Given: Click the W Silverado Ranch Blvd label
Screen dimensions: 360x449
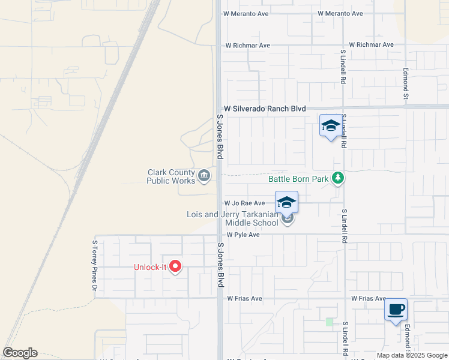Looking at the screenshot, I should [265, 109].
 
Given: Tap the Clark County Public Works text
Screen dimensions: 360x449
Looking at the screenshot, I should [172, 176].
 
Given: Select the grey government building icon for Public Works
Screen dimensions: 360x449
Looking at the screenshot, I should [204, 175].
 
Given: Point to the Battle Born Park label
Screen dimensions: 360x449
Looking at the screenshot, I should [298, 178].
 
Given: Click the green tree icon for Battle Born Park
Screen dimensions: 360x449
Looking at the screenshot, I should [339, 178].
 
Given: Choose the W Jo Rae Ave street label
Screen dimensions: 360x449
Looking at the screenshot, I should [244, 203].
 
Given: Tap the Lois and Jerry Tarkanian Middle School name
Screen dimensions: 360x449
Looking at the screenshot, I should [232, 218].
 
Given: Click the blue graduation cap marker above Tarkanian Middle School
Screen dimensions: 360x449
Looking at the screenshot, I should [287, 202].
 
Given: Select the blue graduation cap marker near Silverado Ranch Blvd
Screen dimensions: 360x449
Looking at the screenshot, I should [330, 125].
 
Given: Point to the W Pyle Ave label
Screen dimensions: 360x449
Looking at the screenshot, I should [243, 235].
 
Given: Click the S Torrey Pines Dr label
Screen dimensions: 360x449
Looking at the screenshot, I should [95, 266].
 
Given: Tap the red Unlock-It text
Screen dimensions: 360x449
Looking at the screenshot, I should [149, 267].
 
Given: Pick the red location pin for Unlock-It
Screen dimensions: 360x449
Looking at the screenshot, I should [175, 266].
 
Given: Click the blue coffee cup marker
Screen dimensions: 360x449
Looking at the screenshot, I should [396, 310].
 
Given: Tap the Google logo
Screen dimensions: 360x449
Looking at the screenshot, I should [20, 353].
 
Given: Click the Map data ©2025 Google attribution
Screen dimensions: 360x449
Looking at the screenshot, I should [412, 355].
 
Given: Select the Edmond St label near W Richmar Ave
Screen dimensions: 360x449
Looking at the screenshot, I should [406, 83].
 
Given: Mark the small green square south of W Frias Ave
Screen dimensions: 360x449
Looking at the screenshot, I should [329, 322].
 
